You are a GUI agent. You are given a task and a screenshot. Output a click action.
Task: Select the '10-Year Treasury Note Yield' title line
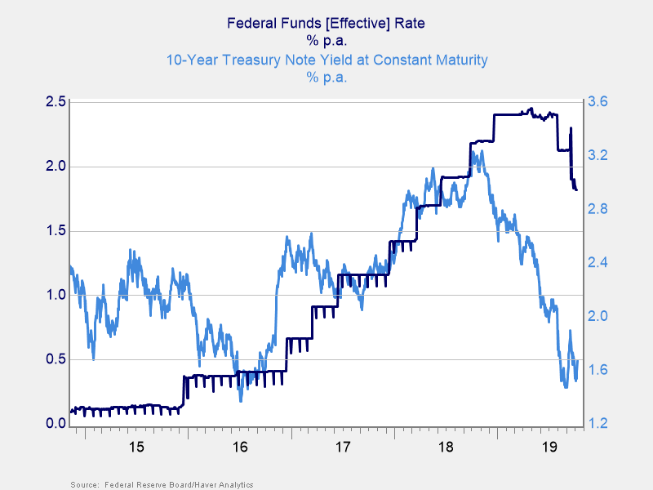tap(326, 60)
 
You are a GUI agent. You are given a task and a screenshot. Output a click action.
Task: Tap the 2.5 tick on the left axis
tap(56, 102)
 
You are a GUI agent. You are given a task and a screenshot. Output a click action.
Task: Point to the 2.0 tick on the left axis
tap(56, 167)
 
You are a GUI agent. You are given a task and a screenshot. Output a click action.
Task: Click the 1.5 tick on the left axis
tap(56, 231)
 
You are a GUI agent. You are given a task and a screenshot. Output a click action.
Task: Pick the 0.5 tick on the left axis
tap(56, 359)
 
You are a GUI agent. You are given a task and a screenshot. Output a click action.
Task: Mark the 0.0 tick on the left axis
tap(56, 424)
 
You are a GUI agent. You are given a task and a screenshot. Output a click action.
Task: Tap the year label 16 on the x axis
tap(239, 447)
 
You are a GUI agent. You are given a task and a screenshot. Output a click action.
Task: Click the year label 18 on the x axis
tap(446, 447)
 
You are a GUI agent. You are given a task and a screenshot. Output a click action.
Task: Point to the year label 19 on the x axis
tap(549, 447)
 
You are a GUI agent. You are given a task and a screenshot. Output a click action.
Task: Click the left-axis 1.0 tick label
tap(56, 295)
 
